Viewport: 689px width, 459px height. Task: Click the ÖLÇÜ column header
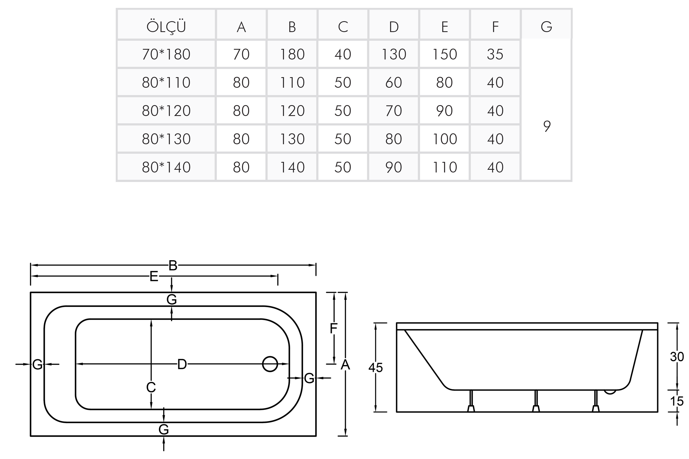[x=166, y=27]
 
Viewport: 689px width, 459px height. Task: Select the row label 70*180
[x=166, y=54]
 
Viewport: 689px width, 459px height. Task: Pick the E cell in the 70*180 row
[x=444, y=54]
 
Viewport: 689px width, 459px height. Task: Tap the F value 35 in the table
[x=495, y=54]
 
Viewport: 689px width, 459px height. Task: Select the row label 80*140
[x=166, y=167]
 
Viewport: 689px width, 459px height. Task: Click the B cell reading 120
[x=292, y=111]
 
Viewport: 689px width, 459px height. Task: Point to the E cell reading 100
[x=444, y=139]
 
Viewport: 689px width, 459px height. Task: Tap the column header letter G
[x=546, y=27]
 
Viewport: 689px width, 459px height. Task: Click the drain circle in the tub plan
[x=270, y=364]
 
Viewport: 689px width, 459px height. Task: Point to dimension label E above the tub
[x=154, y=276]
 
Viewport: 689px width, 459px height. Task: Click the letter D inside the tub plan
[x=182, y=364]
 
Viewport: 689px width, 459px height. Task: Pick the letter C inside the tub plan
[x=151, y=387]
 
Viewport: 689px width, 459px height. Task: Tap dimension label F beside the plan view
[x=334, y=328]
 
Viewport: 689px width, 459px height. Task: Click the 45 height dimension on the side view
[x=375, y=367]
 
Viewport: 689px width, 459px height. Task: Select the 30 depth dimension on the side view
[x=677, y=357]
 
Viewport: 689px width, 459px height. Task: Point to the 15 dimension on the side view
[x=677, y=401]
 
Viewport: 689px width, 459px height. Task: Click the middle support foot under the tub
[x=535, y=408]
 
